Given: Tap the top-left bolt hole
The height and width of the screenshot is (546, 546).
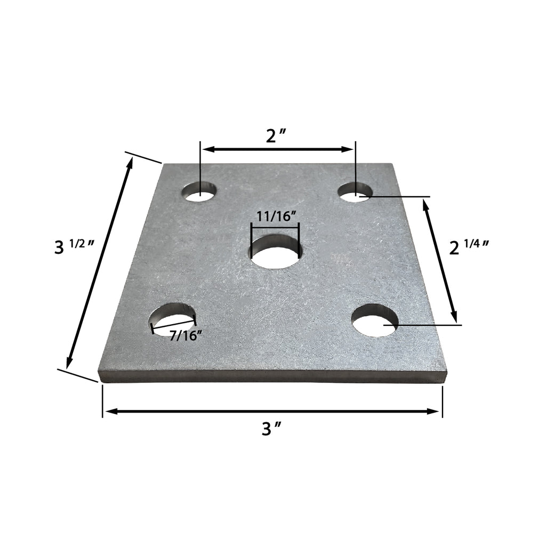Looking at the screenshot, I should click(200, 191).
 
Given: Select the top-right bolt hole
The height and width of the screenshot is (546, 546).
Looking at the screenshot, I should click(355, 192).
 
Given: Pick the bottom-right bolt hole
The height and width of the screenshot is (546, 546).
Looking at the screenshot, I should click(375, 320).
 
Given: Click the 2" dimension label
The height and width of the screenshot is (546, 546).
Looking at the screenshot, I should click(277, 136).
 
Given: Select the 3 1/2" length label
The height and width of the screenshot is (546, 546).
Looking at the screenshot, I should click(75, 247).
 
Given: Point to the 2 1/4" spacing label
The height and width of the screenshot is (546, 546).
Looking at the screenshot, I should click(469, 247).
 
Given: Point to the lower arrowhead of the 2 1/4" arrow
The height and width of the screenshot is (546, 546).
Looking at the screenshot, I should click(454, 316).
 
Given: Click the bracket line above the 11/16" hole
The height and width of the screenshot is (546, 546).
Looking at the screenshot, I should click(276, 225).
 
